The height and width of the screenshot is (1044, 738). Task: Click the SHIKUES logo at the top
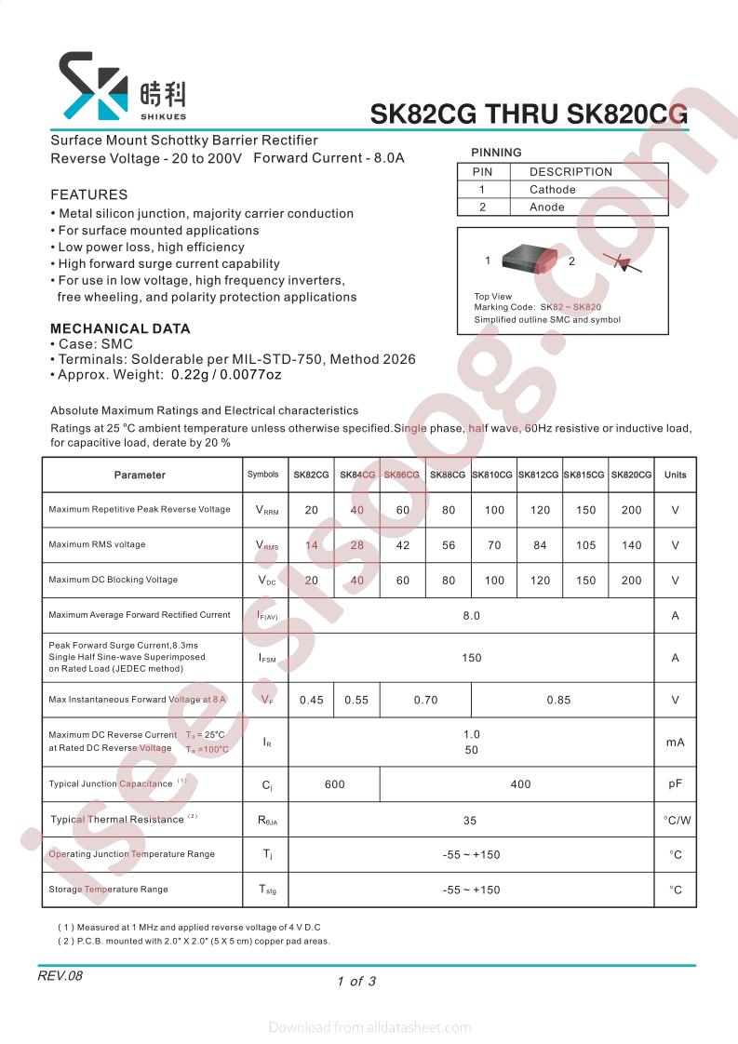[122, 87]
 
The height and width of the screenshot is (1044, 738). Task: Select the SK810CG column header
[492, 475]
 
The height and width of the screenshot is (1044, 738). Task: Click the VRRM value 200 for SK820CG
[632, 510]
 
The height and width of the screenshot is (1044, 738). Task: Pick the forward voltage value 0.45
[312, 700]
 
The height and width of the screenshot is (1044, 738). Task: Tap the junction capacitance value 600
[335, 784]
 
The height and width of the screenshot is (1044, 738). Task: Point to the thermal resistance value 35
[470, 821]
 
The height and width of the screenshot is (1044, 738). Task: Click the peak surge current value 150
[472, 658]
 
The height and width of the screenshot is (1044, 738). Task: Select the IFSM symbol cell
[266, 658]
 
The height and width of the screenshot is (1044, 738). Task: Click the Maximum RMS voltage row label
[97, 544]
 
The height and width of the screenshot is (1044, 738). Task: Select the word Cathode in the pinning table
[553, 190]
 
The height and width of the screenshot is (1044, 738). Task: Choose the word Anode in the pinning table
[547, 207]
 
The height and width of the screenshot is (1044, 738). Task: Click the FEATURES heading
[88, 195]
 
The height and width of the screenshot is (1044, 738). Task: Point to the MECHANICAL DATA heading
[120, 328]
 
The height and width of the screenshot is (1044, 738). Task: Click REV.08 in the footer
[60, 976]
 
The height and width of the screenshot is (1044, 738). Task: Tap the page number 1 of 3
[356, 981]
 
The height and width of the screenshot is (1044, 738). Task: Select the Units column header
[675, 475]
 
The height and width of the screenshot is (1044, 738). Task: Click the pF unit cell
[676, 784]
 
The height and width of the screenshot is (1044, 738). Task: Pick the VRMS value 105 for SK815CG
[585, 545]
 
